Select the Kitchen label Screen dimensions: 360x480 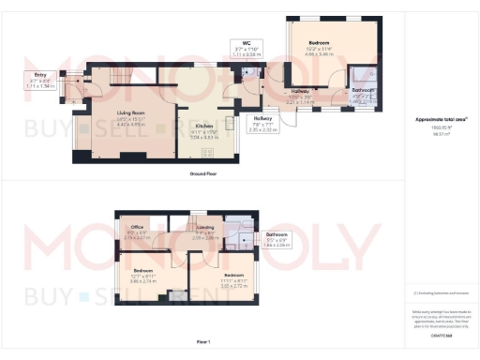203,125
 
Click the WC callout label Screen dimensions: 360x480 245,43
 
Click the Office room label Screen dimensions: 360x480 137,227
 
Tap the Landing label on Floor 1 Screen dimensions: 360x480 203,227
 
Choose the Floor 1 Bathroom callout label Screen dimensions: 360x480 276,234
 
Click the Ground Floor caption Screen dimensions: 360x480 203,174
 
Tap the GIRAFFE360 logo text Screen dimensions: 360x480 441,334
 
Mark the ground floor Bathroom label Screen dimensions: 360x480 363,91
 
